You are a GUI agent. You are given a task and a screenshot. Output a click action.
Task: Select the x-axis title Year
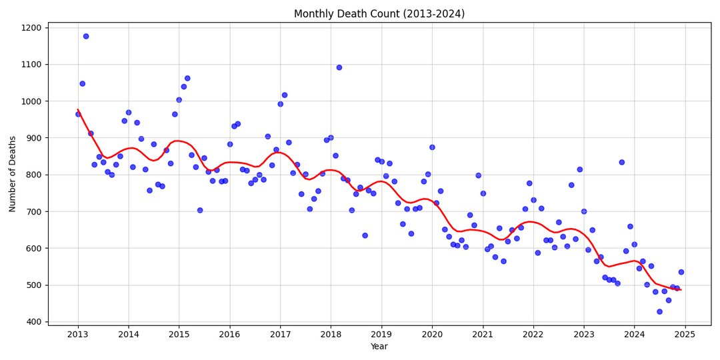[x=379, y=347]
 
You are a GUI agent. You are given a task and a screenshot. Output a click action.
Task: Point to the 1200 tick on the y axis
[x=31, y=28]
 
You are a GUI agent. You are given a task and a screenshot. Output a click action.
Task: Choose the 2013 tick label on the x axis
[x=78, y=334]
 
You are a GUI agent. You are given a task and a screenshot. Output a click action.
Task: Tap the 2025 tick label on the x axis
[x=685, y=334]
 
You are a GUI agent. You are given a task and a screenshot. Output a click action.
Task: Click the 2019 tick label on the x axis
[x=381, y=334]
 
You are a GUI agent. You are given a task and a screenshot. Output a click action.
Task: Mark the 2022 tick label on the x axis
[x=533, y=334]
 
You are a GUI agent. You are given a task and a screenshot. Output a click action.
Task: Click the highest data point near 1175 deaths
[x=86, y=36]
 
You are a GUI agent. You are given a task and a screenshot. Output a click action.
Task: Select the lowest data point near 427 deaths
[x=659, y=311]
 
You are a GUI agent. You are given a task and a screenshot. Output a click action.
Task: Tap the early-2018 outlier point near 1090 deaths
[x=339, y=67]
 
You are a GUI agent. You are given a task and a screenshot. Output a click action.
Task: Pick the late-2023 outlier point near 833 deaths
[x=622, y=162]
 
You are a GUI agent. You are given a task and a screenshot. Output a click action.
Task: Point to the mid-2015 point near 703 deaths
[x=200, y=210]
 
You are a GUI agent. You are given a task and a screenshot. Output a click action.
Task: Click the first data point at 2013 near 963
[x=78, y=114]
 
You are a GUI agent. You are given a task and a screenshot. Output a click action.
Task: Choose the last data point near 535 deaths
[x=681, y=272]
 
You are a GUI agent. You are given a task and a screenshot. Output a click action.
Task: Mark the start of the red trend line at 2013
[x=78, y=109]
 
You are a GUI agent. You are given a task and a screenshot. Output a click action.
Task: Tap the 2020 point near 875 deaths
[x=432, y=147]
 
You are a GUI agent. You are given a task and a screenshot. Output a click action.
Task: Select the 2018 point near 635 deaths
[x=365, y=235]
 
